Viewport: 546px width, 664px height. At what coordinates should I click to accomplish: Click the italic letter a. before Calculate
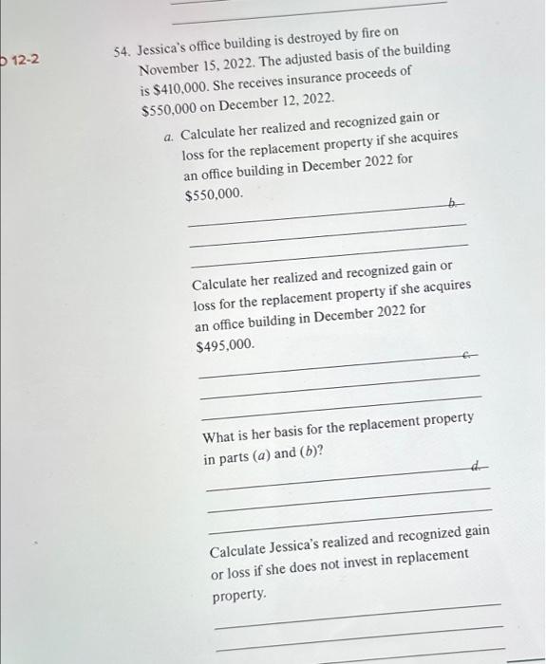[169, 137]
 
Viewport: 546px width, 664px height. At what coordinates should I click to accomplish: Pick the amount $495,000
[225, 346]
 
